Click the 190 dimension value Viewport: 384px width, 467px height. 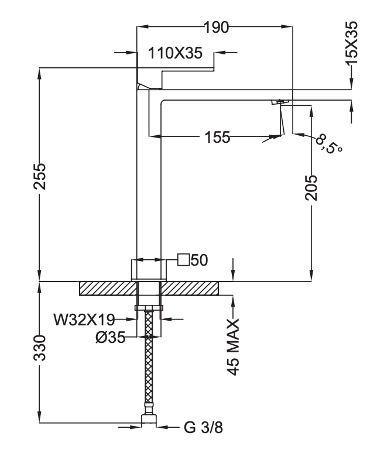217,28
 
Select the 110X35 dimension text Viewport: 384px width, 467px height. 175,53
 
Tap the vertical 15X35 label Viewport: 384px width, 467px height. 351,43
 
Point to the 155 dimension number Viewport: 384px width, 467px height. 218,138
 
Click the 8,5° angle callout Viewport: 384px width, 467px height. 328,143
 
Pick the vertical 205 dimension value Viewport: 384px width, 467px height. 311,188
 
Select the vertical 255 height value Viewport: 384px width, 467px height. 40,176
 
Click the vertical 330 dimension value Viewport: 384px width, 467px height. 40,348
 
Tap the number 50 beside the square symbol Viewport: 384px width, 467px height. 199,260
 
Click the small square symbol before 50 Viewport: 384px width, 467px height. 183,260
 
